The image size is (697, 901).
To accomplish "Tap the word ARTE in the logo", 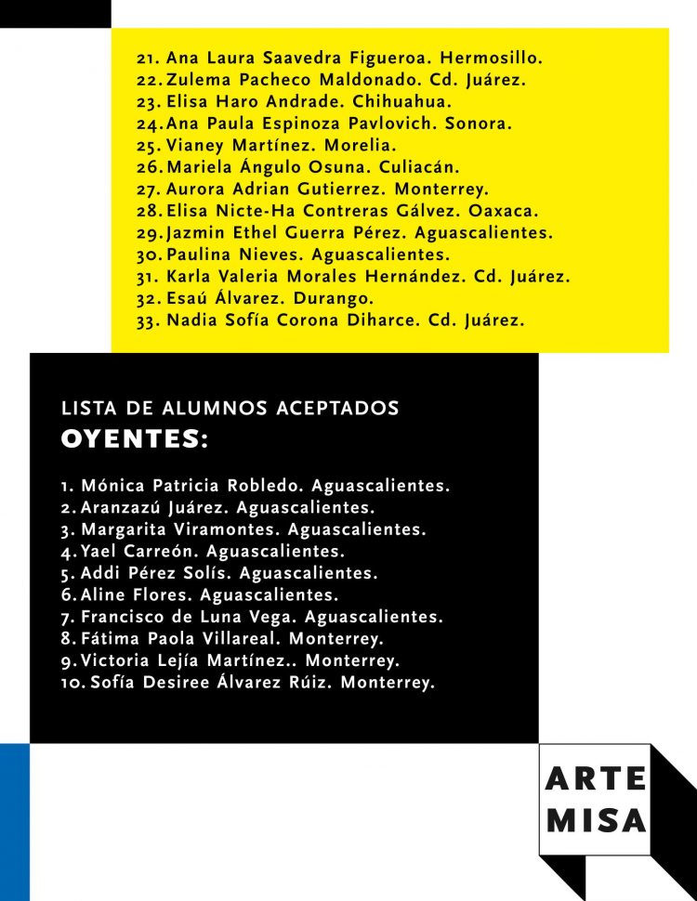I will pyautogui.click(x=596, y=779).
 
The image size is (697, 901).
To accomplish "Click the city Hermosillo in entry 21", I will pyautogui.click(x=496, y=59).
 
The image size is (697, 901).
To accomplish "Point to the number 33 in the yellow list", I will pyautogui.click(x=148, y=321).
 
